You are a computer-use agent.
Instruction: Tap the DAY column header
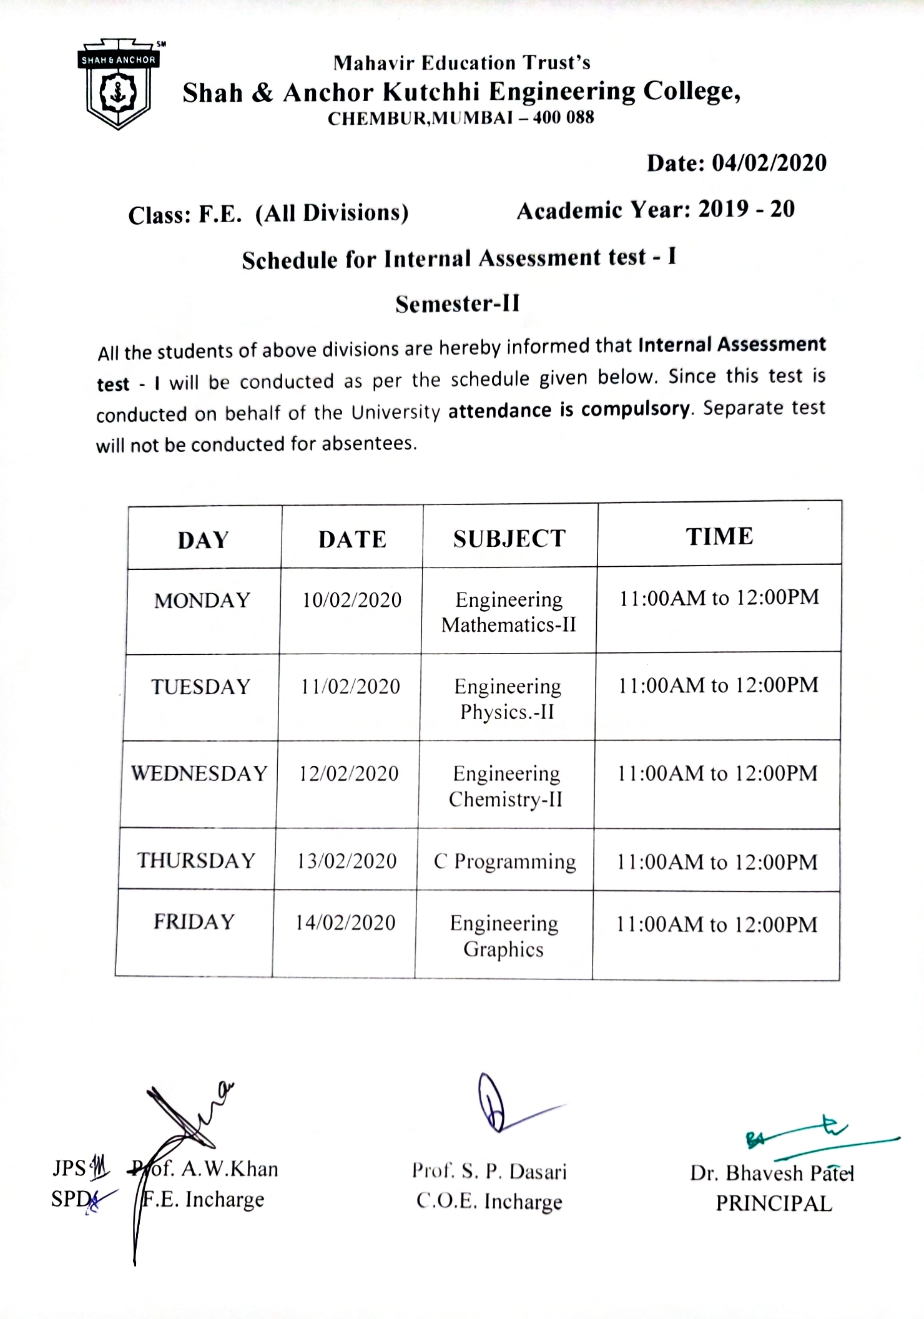point(204,540)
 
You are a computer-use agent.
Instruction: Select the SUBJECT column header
point(509,539)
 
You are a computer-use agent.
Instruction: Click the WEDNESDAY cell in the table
point(199,774)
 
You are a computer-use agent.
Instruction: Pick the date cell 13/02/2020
point(347,861)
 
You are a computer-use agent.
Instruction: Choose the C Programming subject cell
point(504,861)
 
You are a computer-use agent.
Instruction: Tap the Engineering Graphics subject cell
point(504,936)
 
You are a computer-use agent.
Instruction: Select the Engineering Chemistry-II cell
point(506,786)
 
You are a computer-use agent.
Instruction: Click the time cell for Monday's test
point(719,598)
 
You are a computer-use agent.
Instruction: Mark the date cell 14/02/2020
point(345,923)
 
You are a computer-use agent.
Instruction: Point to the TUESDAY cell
point(201,687)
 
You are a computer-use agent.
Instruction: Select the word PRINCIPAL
point(774,1203)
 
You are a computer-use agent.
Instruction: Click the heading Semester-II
point(458,304)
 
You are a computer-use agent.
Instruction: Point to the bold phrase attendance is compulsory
point(569,410)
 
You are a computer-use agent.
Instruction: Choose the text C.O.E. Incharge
point(489,1201)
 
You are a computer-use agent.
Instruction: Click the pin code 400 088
point(563,117)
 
